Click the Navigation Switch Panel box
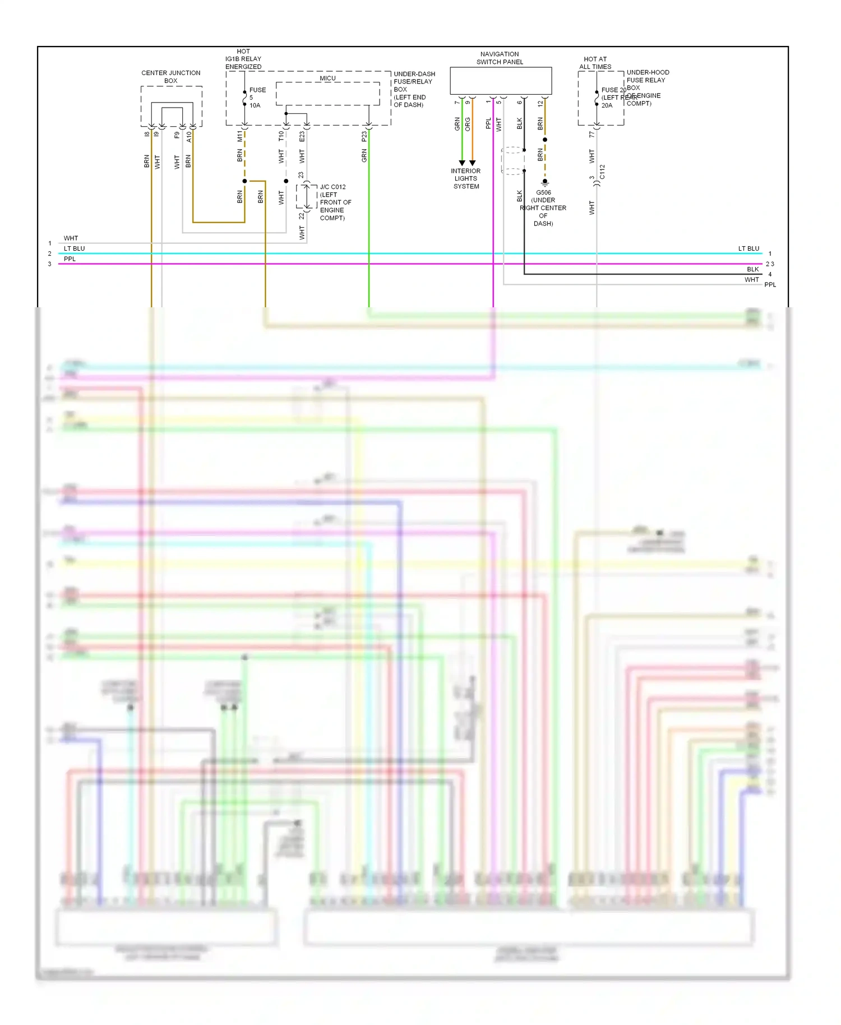pos(500,81)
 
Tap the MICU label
pos(327,79)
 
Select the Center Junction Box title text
pos(170,77)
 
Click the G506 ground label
pos(543,192)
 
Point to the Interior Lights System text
pos(466,178)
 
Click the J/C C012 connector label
pos(332,187)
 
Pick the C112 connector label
pos(602,172)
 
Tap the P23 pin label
pos(364,136)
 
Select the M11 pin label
pos(240,136)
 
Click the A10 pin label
pos(189,136)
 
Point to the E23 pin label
pos(302,136)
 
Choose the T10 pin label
pos(281,136)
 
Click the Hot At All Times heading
pos(595,63)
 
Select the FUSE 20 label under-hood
pos(613,90)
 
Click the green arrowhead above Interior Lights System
pos(462,163)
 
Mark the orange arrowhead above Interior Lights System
pos(472,163)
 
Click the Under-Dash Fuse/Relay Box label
pos(414,89)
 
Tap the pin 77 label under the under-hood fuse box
pos(592,135)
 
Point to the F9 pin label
pos(177,135)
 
